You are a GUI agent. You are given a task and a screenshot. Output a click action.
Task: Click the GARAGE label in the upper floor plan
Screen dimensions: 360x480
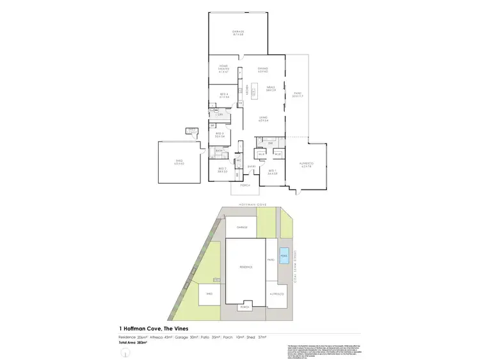point(239,33)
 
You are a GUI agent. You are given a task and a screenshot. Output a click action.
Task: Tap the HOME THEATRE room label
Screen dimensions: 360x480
point(224,67)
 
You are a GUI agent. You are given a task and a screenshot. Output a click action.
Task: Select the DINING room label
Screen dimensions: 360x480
point(262,69)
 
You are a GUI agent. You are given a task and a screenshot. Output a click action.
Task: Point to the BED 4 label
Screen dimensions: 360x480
point(224,95)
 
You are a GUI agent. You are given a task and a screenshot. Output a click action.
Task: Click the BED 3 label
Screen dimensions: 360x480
point(219,135)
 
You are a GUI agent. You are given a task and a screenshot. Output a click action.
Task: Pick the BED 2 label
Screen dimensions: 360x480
point(222,170)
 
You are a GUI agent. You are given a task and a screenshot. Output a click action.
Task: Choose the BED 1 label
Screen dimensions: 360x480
point(272,171)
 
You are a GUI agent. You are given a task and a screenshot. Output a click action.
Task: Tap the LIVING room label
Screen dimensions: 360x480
point(262,119)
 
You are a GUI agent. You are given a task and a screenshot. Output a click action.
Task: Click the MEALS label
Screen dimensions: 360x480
point(271,90)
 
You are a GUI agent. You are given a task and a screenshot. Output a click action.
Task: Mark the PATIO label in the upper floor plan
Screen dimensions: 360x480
point(297,95)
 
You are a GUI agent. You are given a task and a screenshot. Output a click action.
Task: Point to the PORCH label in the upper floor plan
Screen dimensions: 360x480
point(244,185)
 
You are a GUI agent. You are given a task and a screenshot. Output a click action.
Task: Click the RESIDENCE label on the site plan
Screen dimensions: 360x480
point(246,267)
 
